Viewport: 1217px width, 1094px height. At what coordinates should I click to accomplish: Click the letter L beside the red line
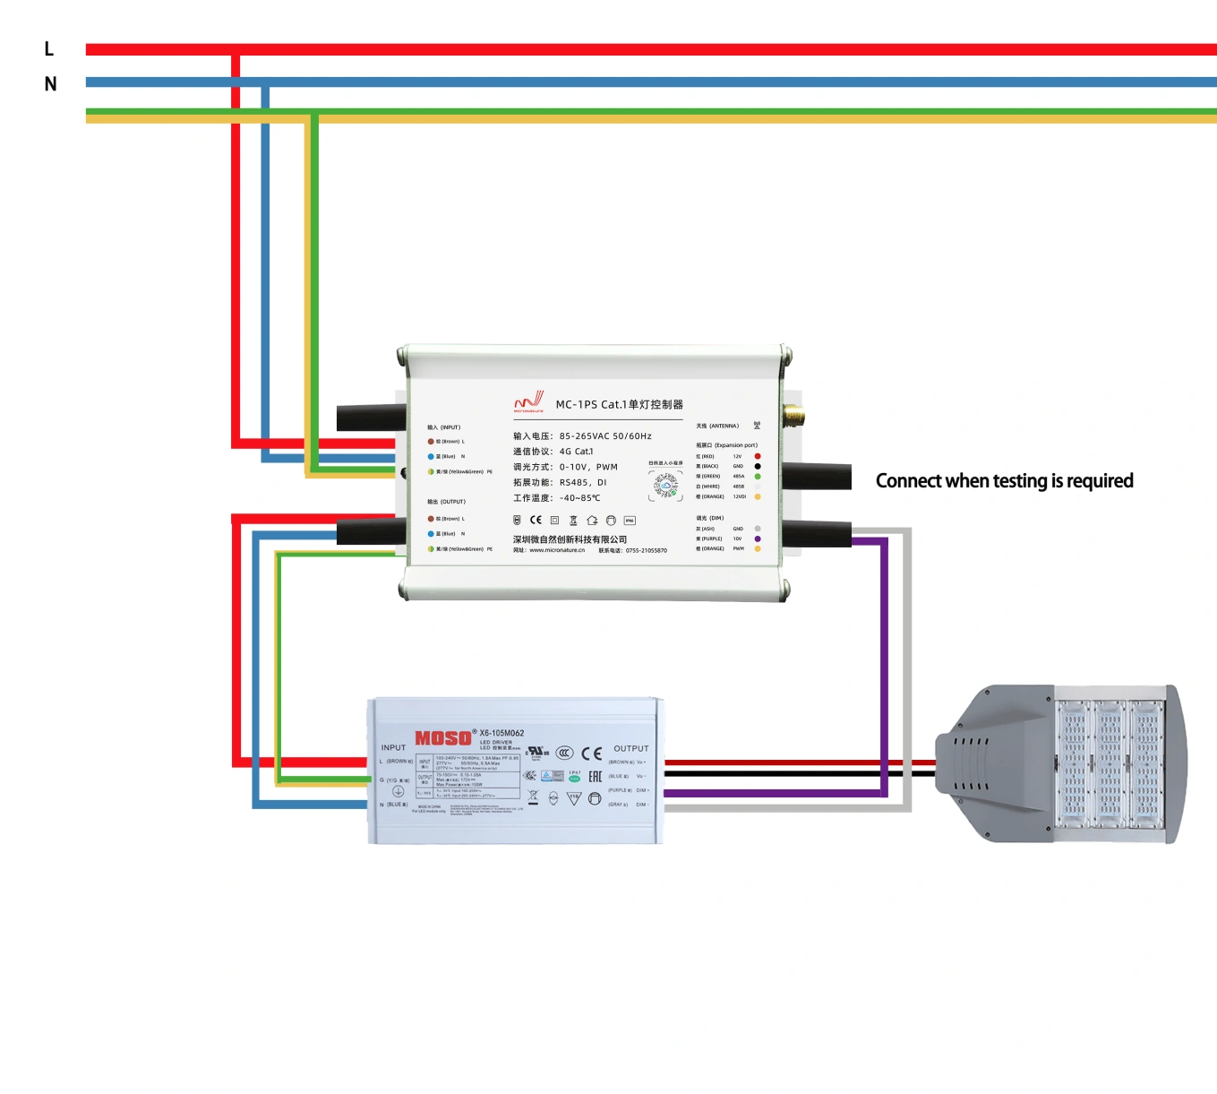point(49,49)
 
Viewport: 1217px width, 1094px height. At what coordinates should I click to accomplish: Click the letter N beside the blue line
point(50,84)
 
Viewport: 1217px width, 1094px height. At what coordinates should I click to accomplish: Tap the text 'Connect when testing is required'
point(1004,481)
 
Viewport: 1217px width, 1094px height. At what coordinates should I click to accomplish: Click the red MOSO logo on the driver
point(442,738)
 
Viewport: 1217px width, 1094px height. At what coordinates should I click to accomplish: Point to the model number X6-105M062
point(501,733)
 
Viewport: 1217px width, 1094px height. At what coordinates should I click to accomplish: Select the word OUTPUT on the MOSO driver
point(630,748)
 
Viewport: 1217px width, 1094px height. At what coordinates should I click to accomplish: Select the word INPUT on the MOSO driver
point(393,747)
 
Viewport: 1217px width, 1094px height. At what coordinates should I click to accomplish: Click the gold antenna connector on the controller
point(793,415)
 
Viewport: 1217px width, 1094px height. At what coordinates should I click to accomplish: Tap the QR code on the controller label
point(665,485)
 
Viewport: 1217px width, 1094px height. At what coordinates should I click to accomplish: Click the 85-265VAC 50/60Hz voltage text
point(605,436)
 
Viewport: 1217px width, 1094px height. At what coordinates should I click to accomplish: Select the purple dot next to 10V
point(758,538)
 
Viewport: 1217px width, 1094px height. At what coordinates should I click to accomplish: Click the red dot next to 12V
point(758,456)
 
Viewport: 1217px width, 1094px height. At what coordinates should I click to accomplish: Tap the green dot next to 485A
point(758,477)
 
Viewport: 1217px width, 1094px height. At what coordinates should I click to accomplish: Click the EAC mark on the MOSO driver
point(595,776)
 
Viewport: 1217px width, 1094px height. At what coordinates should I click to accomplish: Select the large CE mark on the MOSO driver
point(591,754)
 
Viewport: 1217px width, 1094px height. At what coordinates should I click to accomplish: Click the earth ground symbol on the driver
point(399,791)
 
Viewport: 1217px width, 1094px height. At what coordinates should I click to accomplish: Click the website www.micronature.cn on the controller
point(556,550)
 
